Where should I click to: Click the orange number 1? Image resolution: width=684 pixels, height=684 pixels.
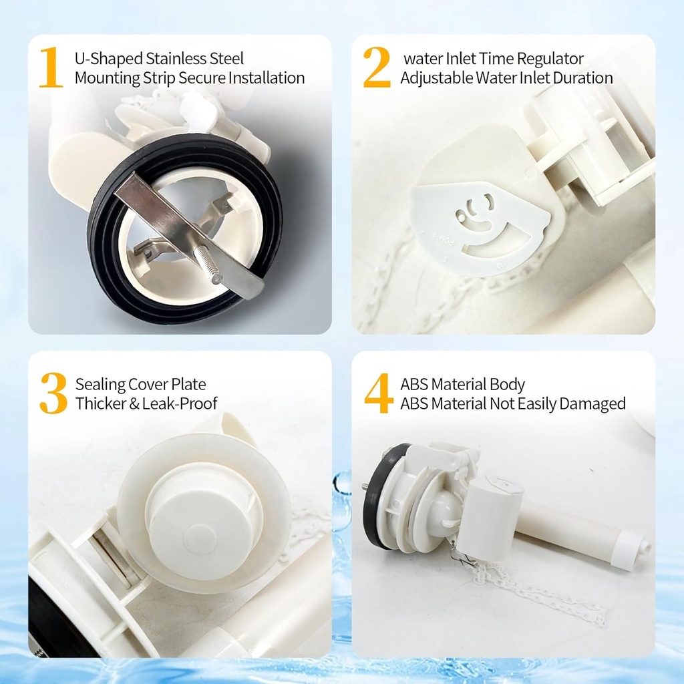tap(51, 67)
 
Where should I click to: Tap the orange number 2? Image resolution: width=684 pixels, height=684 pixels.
tap(377, 67)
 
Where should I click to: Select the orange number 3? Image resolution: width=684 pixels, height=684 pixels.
tap(53, 393)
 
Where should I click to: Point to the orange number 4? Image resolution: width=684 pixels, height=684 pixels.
tap(378, 393)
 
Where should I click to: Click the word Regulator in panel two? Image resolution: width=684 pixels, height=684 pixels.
tap(550, 59)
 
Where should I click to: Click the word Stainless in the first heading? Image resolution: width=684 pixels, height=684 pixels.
tap(174, 59)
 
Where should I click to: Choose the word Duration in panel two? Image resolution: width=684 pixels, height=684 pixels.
tap(581, 77)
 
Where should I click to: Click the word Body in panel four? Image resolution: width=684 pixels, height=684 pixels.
tap(508, 385)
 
